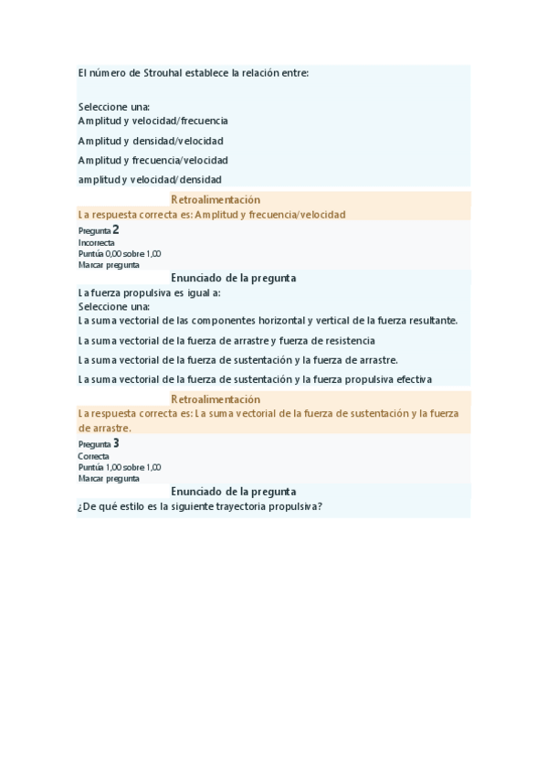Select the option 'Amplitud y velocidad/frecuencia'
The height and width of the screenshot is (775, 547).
tap(153, 121)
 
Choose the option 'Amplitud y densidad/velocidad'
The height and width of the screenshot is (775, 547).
tap(151, 141)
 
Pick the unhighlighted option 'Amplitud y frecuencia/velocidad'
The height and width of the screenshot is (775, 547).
tap(153, 160)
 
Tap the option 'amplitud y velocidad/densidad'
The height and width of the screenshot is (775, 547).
tap(150, 180)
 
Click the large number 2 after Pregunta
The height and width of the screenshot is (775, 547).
tap(116, 230)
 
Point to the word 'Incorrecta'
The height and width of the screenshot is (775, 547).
tap(97, 243)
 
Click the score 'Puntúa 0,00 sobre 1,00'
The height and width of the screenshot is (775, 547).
tap(120, 254)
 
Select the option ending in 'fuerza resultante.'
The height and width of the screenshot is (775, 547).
tap(268, 321)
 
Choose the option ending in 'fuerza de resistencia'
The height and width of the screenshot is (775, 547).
tap(226, 341)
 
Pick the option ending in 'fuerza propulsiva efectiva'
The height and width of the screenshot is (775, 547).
tap(255, 379)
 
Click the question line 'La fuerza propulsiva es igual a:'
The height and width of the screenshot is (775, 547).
tap(150, 293)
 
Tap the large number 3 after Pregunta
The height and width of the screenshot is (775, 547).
tap(116, 443)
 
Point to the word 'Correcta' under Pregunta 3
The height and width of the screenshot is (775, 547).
tap(94, 456)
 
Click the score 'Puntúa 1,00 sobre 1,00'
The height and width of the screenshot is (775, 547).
tap(120, 467)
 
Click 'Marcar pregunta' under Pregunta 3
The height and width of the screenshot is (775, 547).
tap(110, 478)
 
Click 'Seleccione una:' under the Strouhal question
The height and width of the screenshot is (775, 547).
tap(114, 107)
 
